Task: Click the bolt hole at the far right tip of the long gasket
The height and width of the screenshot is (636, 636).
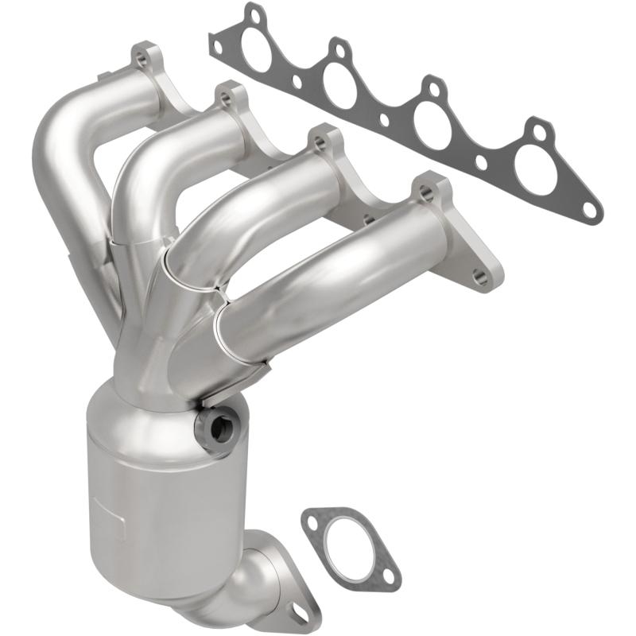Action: click(589, 209)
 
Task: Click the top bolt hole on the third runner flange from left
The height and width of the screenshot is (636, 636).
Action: click(320, 144)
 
